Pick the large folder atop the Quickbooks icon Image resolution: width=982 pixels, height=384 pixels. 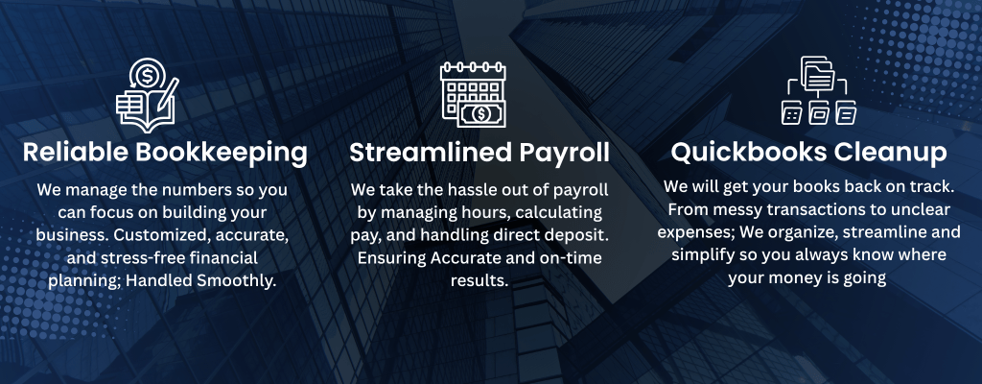(x=818, y=74)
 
